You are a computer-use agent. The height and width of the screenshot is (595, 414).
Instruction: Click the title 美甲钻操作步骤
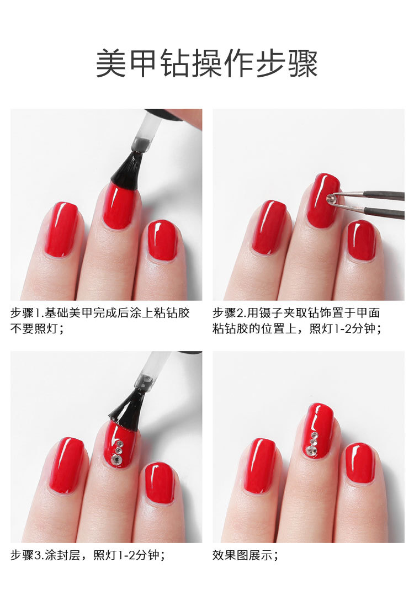(x=207, y=63)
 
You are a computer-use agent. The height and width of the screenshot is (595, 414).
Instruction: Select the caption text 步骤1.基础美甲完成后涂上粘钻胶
(x=100, y=313)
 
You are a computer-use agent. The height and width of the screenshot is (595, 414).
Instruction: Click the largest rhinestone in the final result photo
(x=312, y=450)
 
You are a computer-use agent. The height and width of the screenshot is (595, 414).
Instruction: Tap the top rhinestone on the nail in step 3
(x=120, y=443)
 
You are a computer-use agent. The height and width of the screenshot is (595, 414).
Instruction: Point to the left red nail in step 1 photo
(x=61, y=230)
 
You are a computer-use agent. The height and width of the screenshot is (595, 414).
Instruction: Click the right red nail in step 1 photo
(x=162, y=241)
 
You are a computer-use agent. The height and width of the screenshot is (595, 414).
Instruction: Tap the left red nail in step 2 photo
(x=269, y=227)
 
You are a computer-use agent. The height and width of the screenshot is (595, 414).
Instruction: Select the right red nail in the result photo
(x=360, y=463)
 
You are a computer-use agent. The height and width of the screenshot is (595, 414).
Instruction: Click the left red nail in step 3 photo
(x=67, y=465)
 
